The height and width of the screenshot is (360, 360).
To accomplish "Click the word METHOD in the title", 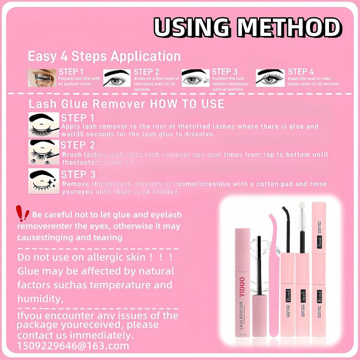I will point(288,28).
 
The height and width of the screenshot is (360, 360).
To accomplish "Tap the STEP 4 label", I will point(301,72).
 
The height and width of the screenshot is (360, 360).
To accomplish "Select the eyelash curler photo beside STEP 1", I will point(42,78).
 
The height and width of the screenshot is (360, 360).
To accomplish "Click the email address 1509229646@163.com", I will point(73,346).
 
